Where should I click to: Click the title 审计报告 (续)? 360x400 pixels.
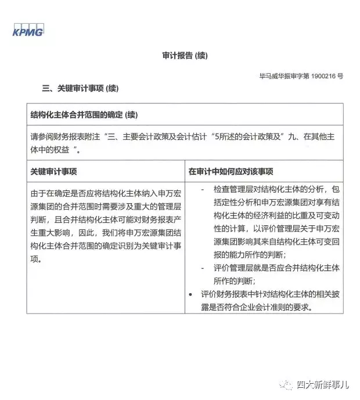click(x=184, y=56)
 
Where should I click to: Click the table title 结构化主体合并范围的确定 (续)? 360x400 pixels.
click(x=84, y=114)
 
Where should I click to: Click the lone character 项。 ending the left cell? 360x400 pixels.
click(x=36, y=260)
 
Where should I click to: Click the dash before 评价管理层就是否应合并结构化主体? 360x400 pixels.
click(x=201, y=268)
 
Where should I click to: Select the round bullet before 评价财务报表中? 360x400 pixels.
click(x=191, y=294)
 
